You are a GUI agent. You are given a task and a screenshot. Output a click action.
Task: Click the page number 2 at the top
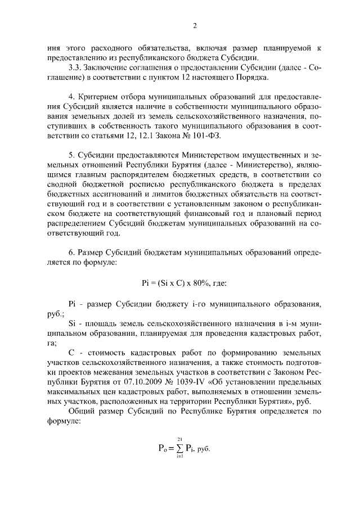point(194,25)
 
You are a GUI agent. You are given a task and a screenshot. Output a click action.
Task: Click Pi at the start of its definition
point(71,304)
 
